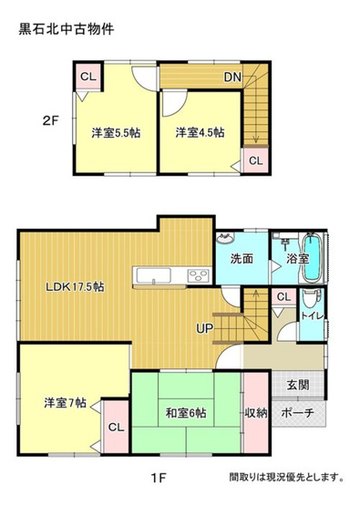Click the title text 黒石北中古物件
pos(67,29)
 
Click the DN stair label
pos(232,77)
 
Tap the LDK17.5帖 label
pos(76,285)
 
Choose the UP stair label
pos(206,328)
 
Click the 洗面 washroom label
pos(242,258)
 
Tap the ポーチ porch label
pos(298,413)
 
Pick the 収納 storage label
pos(256,413)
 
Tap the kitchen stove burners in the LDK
pos(199,276)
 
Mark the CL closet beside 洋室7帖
pos(115,427)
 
